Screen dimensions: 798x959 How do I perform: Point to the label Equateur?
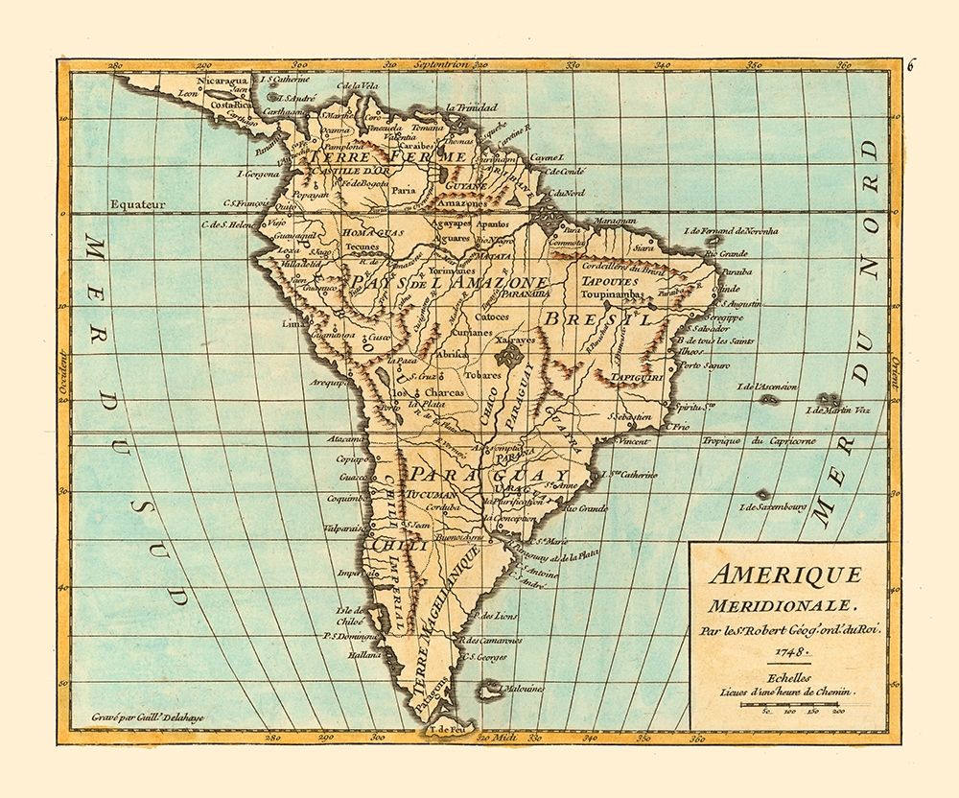138,204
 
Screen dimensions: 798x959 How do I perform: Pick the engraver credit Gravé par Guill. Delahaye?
139,716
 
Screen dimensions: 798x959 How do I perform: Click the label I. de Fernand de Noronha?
732,231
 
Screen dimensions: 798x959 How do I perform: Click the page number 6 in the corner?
912,65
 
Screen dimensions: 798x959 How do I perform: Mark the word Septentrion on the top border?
441,66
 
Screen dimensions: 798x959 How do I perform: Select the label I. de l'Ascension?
764,387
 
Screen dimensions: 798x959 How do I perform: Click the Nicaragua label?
223,82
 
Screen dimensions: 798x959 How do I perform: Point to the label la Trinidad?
461,106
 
